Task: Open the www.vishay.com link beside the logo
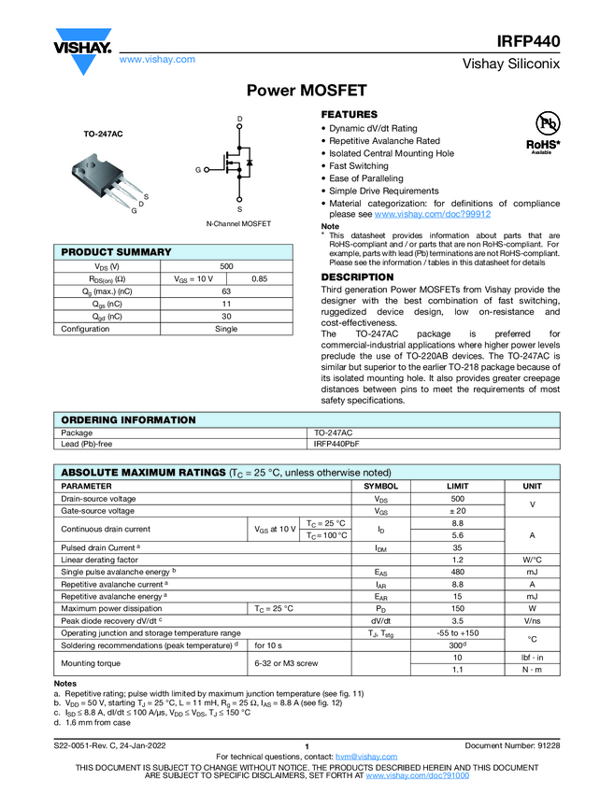click(157, 59)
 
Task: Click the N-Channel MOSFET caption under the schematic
click(238, 224)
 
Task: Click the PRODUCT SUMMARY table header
click(117, 252)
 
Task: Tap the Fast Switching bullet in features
click(359, 165)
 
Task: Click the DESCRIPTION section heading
click(358, 277)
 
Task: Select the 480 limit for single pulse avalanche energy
click(457, 572)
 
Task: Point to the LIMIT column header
click(457, 487)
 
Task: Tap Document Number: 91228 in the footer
click(512, 744)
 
